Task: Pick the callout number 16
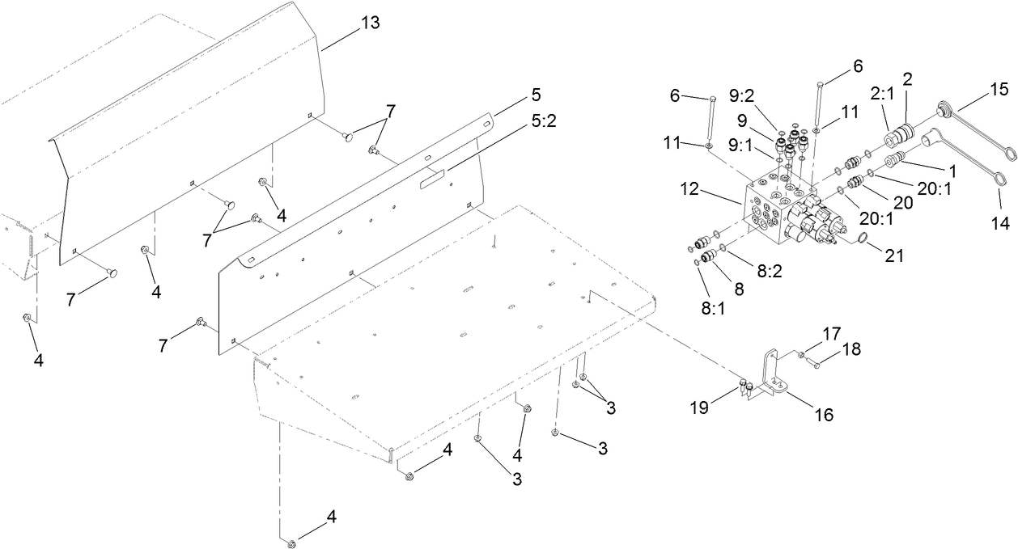pos(823,416)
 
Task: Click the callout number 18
pos(851,349)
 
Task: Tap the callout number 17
pos(832,332)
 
